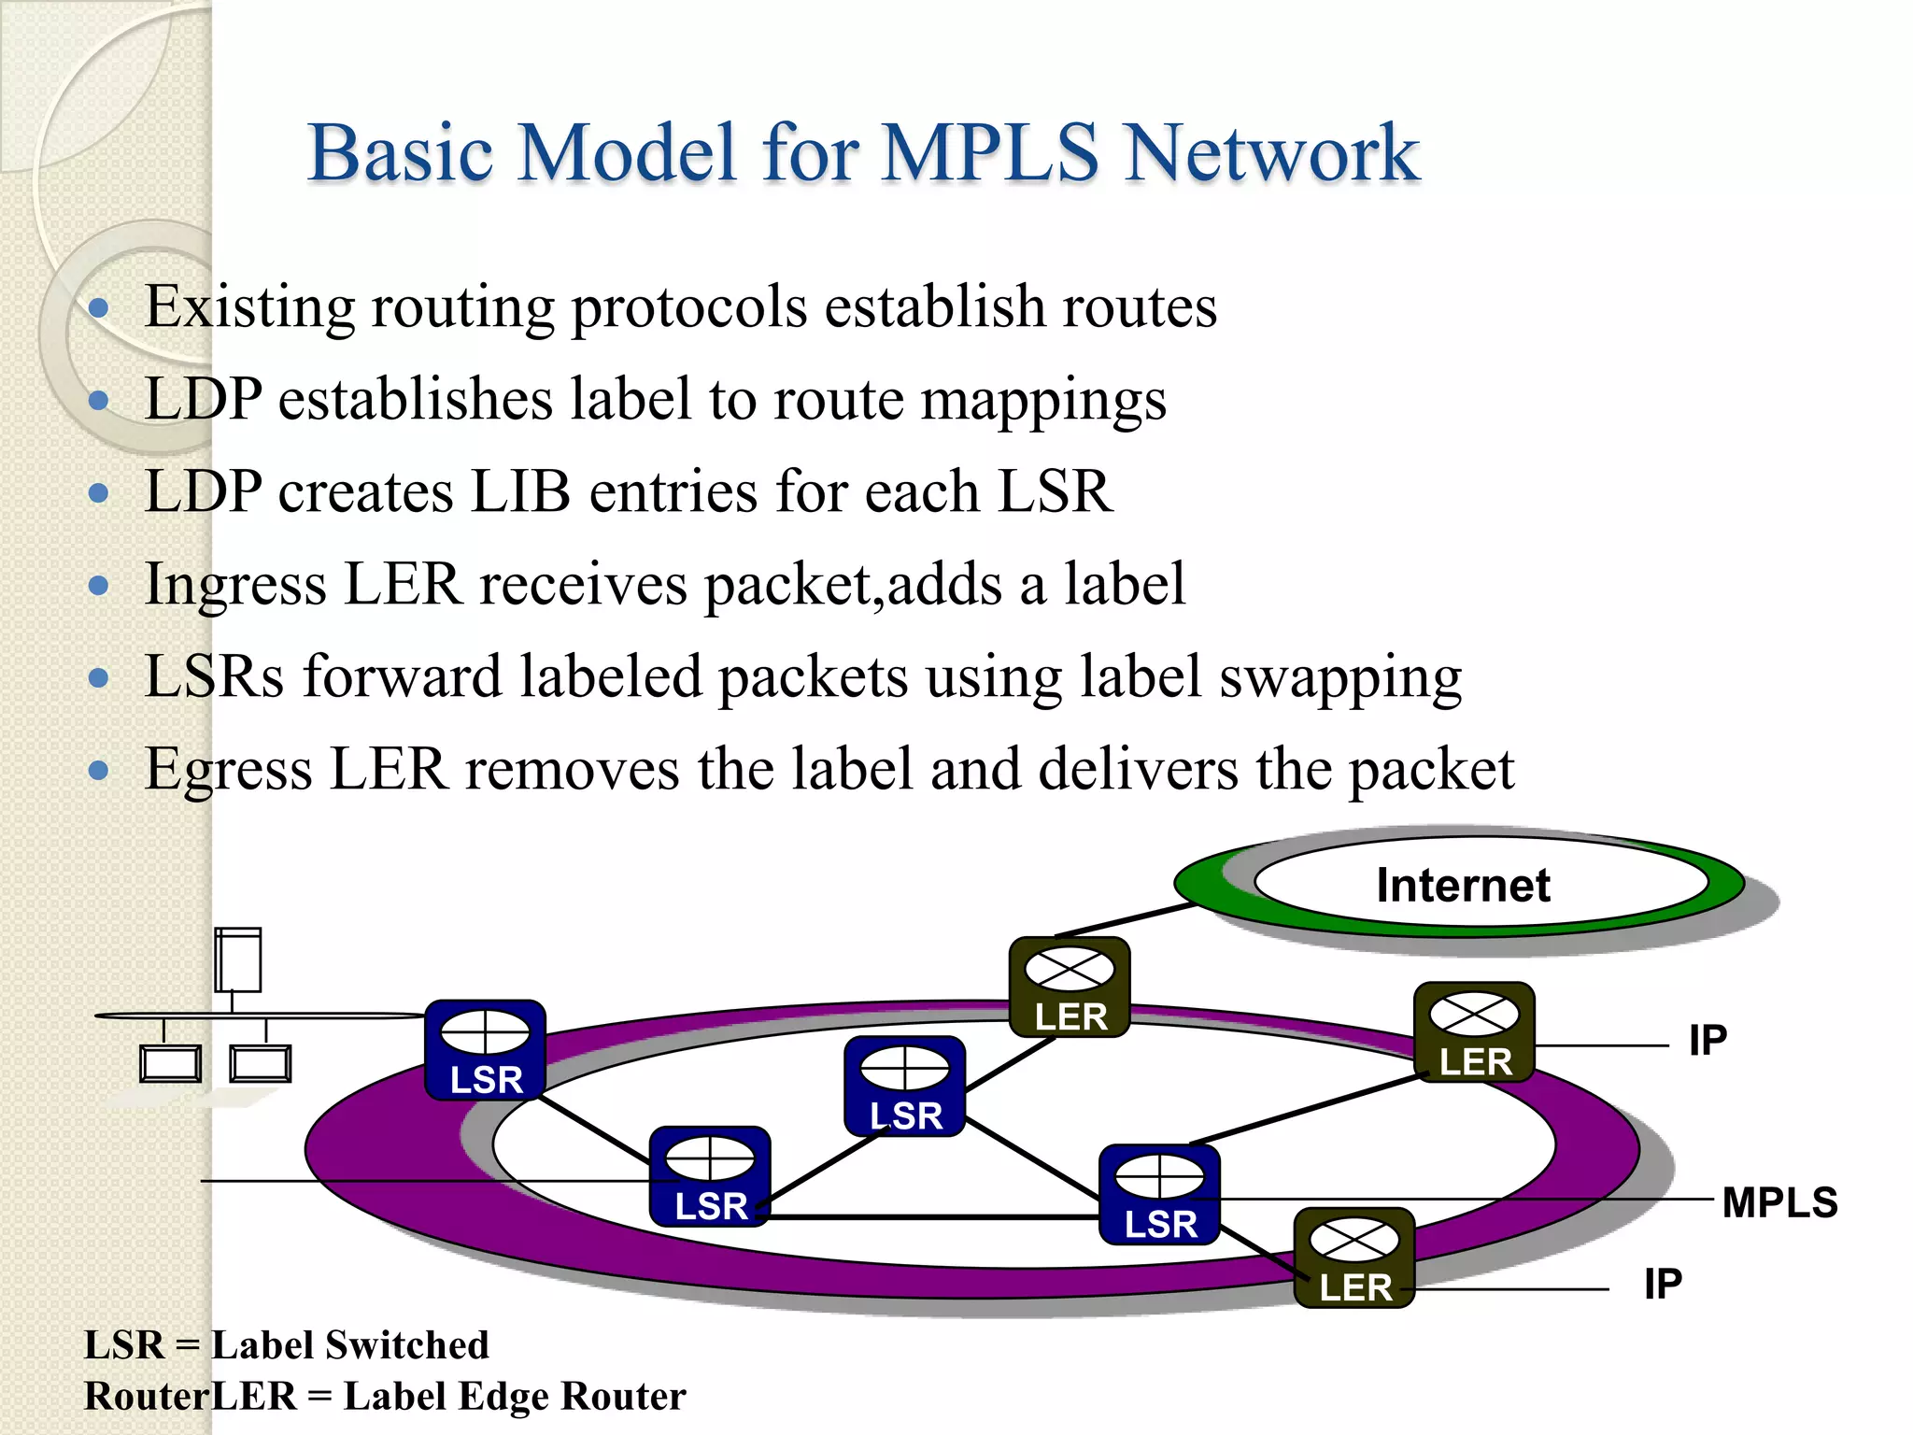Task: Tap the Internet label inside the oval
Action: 1463,885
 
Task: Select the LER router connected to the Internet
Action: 1070,987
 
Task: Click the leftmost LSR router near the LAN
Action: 485,1050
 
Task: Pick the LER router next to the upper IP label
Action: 1473,1032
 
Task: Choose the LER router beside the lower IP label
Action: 1353,1257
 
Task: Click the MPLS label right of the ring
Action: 1779,1202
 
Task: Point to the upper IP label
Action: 1708,1041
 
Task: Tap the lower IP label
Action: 1663,1284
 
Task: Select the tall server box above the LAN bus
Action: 237,959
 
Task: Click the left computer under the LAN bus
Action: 170,1063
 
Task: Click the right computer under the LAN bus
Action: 261,1063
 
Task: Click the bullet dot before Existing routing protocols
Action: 98,308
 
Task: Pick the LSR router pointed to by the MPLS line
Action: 1159,1195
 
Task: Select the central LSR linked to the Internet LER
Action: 904,1086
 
